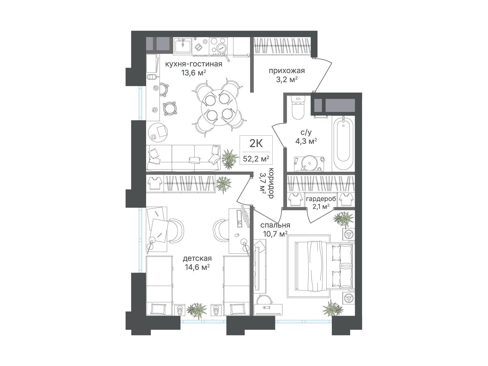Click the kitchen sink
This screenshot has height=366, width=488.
pyautogui.click(x=182, y=46)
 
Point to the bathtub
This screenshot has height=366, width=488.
pyautogui.click(x=343, y=142)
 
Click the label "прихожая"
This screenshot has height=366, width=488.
pyautogui.click(x=287, y=71)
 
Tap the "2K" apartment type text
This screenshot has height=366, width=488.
pyautogui.click(x=256, y=143)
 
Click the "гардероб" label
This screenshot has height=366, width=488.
pyautogui.click(x=321, y=199)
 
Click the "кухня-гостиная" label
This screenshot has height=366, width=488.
pyautogui.click(x=193, y=64)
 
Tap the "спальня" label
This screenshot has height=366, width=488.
pyautogui.click(x=275, y=225)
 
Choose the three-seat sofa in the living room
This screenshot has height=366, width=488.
pyautogui.click(x=183, y=158)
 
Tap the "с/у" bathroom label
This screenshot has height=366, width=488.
pyautogui.click(x=306, y=132)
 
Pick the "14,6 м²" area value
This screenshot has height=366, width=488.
pyautogui.click(x=197, y=267)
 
